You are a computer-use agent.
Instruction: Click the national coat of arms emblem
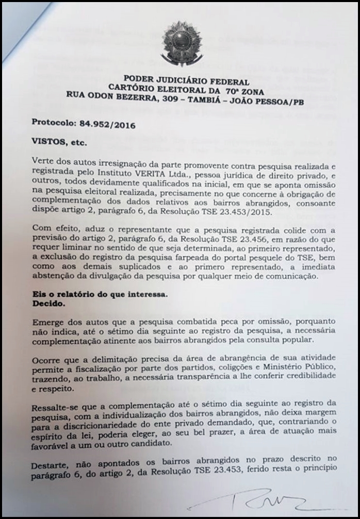point(182,43)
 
